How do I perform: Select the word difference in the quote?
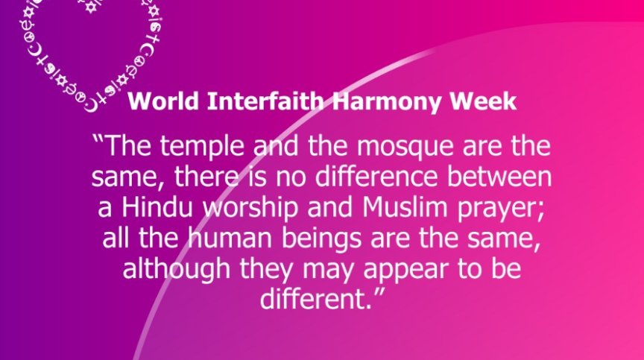[x=376, y=177]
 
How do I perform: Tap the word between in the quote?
[x=499, y=177]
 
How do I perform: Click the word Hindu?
[x=157, y=207]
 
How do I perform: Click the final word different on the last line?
[x=312, y=299]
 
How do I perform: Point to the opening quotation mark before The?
[x=98, y=139]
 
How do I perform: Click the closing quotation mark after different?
[x=380, y=293]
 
